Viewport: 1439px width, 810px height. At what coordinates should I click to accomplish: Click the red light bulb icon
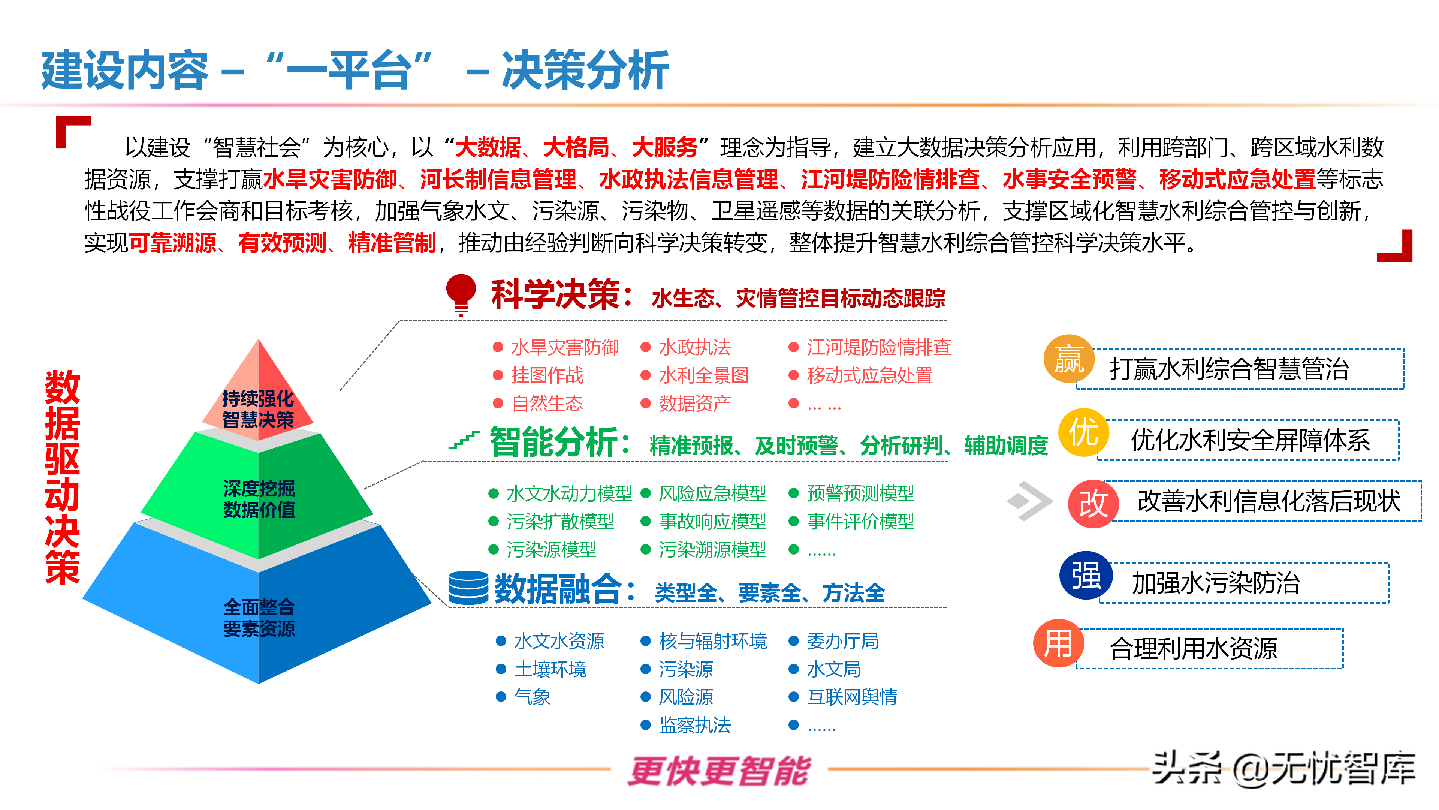tap(461, 295)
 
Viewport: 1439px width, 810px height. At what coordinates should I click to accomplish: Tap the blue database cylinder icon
tap(468, 588)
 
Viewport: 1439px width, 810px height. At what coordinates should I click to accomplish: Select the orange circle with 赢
tap(1069, 359)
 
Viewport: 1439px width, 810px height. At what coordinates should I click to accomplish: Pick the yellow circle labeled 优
tap(1084, 432)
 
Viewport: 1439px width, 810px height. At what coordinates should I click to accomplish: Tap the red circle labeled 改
tap(1093, 504)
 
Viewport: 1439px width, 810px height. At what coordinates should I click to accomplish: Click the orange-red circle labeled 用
tap(1059, 643)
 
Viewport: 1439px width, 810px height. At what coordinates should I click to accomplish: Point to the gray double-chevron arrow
tap(1029, 501)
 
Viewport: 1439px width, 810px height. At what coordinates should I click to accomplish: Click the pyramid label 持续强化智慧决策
tap(258, 409)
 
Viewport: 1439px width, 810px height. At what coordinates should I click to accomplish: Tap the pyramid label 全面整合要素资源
tap(259, 618)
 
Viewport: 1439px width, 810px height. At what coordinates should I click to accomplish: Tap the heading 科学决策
tap(555, 295)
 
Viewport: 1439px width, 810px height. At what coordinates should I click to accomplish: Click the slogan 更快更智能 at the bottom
tap(719, 771)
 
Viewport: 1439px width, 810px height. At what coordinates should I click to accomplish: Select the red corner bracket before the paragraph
tap(73, 132)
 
